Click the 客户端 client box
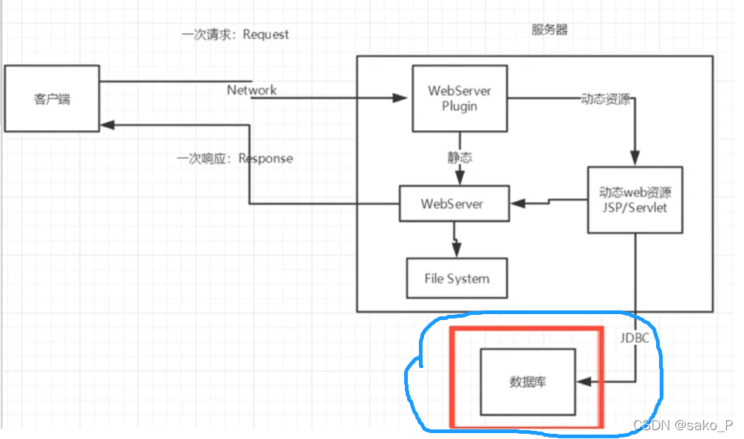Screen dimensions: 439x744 (52, 98)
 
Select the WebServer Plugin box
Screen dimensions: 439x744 (460, 98)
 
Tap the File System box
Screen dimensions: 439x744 (457, 279)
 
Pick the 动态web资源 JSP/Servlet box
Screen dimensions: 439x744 (635, 200)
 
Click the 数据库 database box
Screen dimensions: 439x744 (528, 382)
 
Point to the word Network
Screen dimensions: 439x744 (251, 90)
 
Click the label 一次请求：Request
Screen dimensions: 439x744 (235, 35)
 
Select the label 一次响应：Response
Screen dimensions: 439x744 (235, 159)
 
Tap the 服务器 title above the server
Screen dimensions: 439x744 (550, 30)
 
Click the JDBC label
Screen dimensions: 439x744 (635, 338)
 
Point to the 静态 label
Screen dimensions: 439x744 (460, 157)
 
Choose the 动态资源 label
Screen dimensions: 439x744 (606, 100)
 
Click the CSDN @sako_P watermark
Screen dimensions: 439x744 (683, 426)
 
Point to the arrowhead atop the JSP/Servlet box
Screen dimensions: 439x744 (634, 161)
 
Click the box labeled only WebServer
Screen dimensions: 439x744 (454, 203)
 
